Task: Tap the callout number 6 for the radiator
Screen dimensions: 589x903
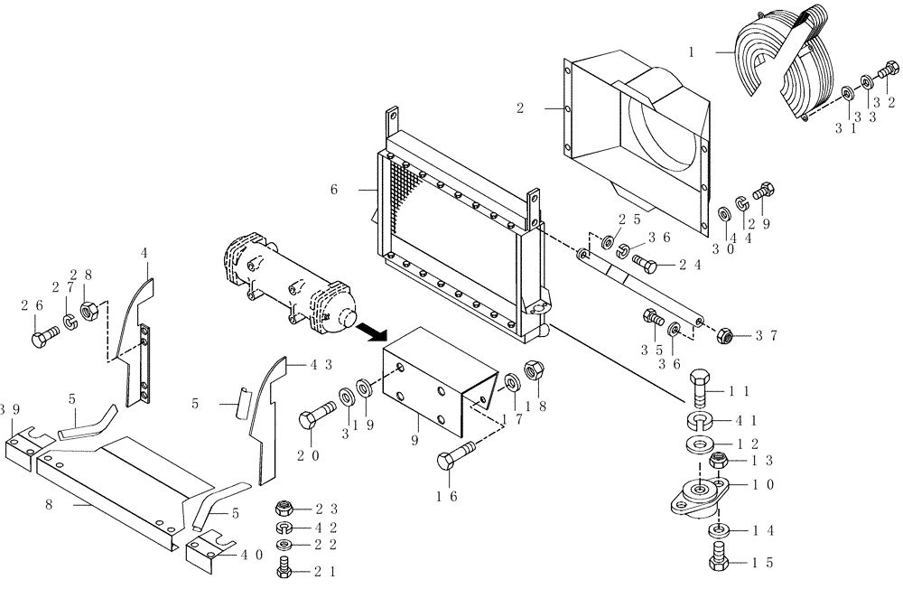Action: (334, 190)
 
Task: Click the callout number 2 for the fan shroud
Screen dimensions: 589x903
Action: (520, 108)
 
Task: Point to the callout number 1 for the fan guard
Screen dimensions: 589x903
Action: (691, 53)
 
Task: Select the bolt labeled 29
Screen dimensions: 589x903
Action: (763, 190)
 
